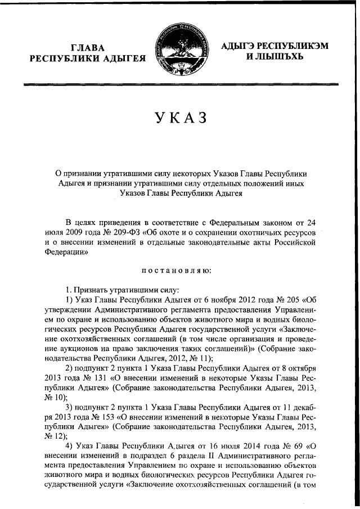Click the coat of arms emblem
181,51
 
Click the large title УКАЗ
180,118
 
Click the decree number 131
91,379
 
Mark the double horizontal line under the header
180,85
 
